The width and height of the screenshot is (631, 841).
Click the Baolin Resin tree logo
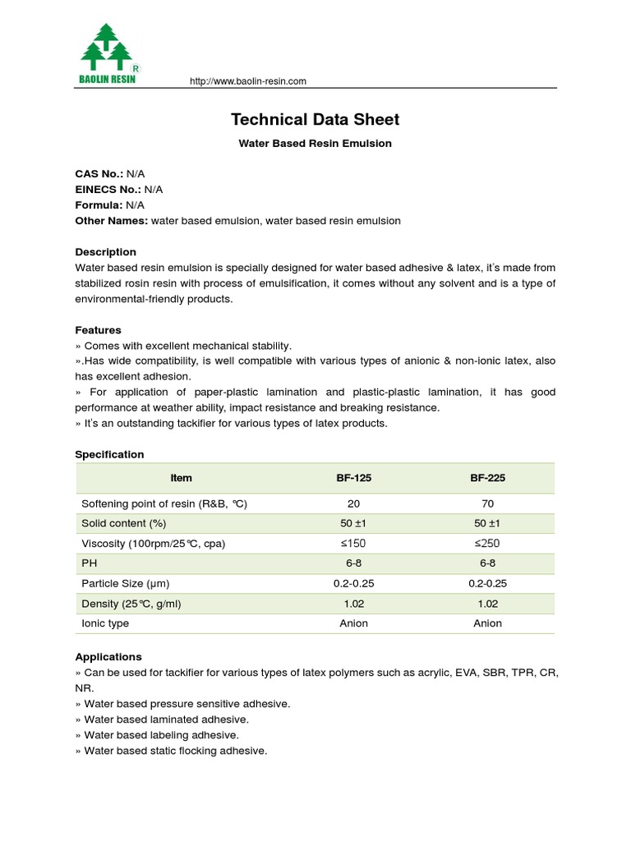(x=109, y=53)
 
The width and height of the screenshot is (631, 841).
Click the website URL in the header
(x=247, y=81)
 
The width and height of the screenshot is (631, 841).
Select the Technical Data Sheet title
(x=315, y=120)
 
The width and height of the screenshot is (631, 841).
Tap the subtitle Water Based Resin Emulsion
(x=315, y=144)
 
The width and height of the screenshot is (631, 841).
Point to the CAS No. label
(x=99, y=174)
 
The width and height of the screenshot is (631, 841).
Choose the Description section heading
(x=105, y=252)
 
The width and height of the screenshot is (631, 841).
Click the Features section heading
(x=98, y=330)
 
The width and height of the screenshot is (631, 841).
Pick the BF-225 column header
(x=487, y=478)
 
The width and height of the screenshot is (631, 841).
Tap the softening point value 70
(x=487, y=503)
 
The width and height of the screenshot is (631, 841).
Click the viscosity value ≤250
(x=487, y=544)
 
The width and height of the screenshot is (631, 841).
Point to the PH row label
(x=89, y=563)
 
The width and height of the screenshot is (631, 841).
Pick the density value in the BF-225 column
(x=487, y=604)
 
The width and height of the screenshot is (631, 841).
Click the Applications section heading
(x=108, y=657)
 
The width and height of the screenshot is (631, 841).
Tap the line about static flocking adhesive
(x=171, y=751)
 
